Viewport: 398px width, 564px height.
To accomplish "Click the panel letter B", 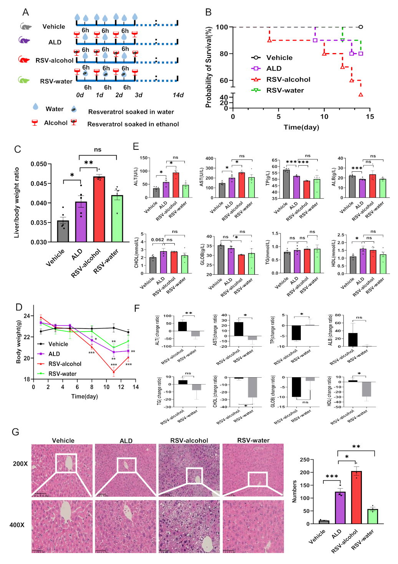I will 208,12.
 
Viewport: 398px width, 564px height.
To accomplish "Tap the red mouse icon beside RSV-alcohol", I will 24,60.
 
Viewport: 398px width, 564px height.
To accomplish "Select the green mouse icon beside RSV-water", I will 24,80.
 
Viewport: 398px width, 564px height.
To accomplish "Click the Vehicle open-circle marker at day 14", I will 360,27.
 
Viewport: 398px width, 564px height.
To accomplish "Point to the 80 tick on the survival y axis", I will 224,54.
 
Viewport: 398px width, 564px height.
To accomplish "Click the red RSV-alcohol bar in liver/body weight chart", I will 99,209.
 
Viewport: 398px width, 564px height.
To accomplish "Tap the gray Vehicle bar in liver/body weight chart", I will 63,231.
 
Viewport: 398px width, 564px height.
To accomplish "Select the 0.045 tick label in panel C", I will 38,184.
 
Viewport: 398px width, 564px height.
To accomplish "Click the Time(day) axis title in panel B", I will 301,127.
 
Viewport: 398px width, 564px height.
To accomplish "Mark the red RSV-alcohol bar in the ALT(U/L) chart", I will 176,185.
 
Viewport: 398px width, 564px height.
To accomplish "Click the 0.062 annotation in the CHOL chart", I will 158,240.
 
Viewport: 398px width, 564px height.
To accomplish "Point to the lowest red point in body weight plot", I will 114,372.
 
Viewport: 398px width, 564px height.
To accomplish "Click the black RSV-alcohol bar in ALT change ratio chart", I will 182,327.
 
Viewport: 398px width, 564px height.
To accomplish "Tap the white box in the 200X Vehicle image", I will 66,463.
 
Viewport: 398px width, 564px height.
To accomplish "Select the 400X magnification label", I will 17,525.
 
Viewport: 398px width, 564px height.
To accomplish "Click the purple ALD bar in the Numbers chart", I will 340,508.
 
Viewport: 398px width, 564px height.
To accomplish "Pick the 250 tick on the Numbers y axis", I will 305,460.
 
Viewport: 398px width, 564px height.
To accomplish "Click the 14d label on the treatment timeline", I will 178,95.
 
